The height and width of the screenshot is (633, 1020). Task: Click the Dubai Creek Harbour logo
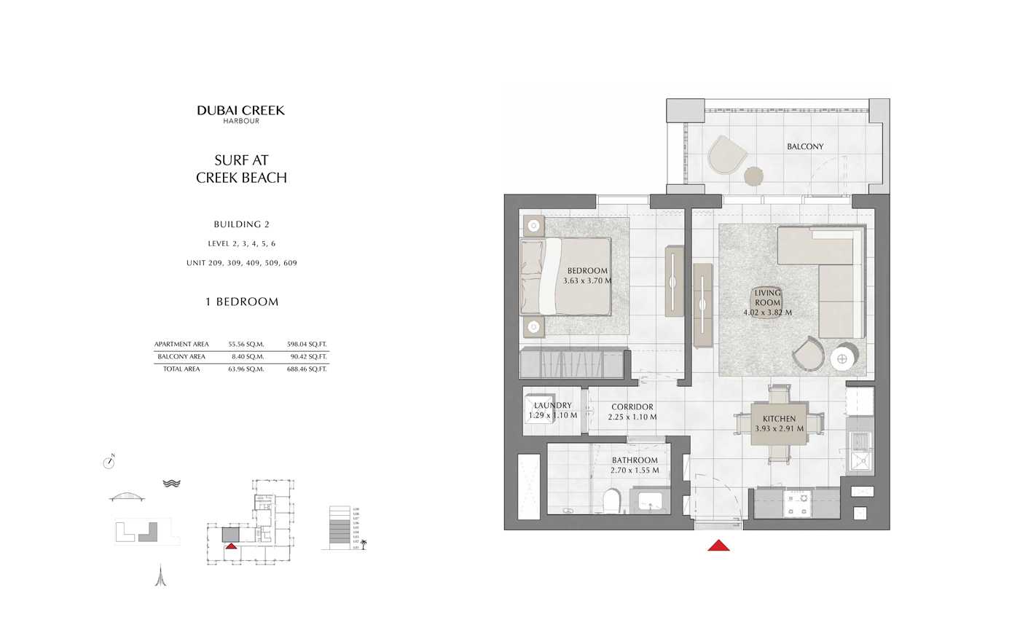tap(240, 114)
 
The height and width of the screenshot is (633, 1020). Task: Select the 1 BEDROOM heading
tap(242, 302)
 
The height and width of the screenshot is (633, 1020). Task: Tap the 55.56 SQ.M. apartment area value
tap(246, 345)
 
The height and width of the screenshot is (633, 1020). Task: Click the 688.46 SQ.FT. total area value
tap(307, 369)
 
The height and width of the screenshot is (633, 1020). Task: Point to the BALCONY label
tap(805, 146)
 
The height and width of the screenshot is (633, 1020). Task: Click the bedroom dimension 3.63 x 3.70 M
tap(587, 280)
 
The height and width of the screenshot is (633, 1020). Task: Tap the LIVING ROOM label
tap(767, 297)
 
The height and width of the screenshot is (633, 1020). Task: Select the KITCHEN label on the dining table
tap(779, 419)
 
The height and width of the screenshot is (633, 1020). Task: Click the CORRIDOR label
tap(632, 407)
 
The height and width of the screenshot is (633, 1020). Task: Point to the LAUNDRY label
tap(552, 406)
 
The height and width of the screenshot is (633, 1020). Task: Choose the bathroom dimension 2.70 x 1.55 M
tap(635, 471)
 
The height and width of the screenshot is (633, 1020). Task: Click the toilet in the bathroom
tap(611, 500)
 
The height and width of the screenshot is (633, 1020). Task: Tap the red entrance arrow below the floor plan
tap(718, 545)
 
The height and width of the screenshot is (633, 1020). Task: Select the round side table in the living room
tap(843, 358)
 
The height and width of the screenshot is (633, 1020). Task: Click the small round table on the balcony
tap(753, 176)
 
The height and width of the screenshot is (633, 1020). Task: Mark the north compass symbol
tap(109, 462)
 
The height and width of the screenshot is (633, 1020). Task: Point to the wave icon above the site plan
tap(171, 483)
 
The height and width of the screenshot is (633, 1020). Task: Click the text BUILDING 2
tap(241, 224)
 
